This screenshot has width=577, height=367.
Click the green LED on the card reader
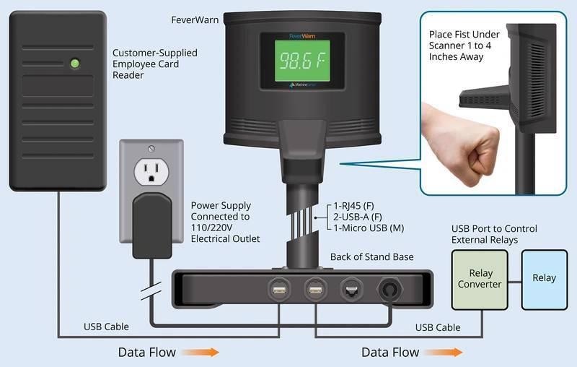(x=75, y=64)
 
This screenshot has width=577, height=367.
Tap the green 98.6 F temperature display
(x=302, y=61)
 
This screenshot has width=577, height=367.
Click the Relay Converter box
(x=480, y=280)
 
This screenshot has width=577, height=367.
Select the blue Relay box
(x=545, y=280)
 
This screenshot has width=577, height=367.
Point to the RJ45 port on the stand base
(x=352, y=290)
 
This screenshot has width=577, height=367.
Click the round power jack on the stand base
(x=389, y=290)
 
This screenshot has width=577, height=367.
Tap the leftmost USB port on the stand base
(x=279, y=290)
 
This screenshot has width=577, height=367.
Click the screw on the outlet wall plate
(x=151, y=149)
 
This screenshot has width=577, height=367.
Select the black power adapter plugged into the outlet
(x=152, y=225)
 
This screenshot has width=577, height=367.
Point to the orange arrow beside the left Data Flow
(x=201, y=353)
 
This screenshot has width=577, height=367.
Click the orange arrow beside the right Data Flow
(x=444, y=353)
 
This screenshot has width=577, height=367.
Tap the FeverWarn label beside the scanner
(x=195, y=20)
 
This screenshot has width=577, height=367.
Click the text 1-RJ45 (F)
(x=353, y=206)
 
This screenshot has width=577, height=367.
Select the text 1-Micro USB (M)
(x=369, y=228)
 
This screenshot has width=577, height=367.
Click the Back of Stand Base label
(x=371, y=256)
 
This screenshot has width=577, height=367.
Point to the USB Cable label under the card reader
(x=106, y=327)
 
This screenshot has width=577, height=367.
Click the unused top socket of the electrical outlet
(x=151, y=171)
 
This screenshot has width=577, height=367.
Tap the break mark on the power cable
(x=151, y=290)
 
